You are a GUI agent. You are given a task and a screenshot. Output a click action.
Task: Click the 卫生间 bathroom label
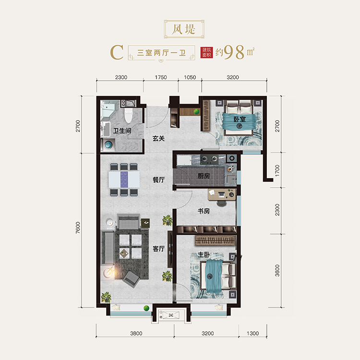tap(122, 131)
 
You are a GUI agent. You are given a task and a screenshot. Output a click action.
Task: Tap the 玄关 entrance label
tap(159, 138)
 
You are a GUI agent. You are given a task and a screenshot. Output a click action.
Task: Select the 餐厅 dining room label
tap(159, 180)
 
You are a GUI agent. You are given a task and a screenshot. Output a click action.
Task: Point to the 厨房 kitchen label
tap(204, 176)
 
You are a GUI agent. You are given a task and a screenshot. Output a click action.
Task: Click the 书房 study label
tap(204, 211)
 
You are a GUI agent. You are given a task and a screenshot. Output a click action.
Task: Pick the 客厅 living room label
tap(159, 249)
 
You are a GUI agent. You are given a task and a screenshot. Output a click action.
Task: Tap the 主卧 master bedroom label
tap(204, 254)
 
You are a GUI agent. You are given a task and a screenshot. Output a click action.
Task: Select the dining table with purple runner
tap(124, 180)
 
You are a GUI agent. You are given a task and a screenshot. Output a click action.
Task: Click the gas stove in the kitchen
tap(209, 159)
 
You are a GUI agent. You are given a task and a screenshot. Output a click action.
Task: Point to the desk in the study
tap(222, 194)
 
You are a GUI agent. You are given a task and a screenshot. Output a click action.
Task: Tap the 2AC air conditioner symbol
tap(171, 315)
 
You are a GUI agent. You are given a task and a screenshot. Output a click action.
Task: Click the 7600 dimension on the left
tap(78, 228)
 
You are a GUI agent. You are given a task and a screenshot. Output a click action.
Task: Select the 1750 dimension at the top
tap(161, 77)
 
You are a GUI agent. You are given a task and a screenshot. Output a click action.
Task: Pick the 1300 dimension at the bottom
tap(252, 333)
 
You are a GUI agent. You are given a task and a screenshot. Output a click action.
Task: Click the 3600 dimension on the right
tap(277, 270)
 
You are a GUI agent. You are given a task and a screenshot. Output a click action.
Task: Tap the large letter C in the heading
tap(117, 52)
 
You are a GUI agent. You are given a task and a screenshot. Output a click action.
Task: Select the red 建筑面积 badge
tap(206, 53)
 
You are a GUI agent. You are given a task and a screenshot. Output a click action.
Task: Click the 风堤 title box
tap(184, 29)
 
